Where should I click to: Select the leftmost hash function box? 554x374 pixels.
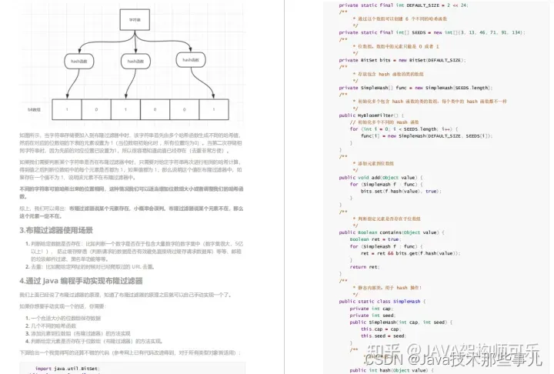pyautogui.click(x=78, y=61)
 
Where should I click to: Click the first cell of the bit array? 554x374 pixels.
pyautogui.click(x=66, y=110)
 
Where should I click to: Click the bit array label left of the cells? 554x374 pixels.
pyautogui.click(x=35, y=110)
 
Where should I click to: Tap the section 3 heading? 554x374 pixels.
pyautogui.click(x=57, y=230)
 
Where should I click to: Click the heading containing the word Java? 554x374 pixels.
pyautogui.click(x=80, y=281)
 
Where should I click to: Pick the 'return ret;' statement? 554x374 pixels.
pyautogui.click(x=364, y=266)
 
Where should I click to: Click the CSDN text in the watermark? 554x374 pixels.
pyautogui.click(x=382, y=359)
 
